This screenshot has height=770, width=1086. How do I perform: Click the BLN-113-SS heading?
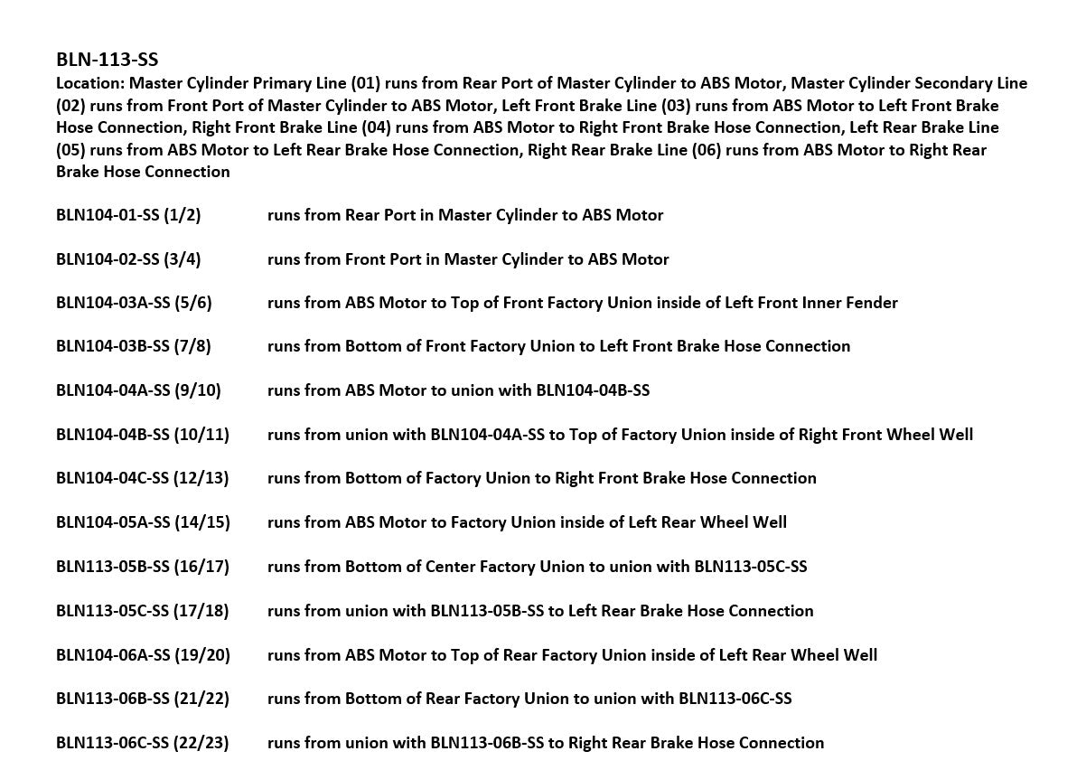pyautogui.click(x=107, y=60)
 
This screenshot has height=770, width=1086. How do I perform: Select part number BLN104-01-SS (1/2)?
pyautogui.click(x=128, y=215)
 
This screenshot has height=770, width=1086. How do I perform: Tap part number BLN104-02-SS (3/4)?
pyautogui.click(x=128, y=259)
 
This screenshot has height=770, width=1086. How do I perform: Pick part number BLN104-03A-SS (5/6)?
pyautogui.click(x=134, y=303)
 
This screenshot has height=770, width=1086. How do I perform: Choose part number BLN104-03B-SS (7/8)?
pyautogui.click(x=134, y=346)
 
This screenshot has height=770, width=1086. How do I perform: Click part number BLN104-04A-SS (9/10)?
pyautogui.click(x=138, y=390)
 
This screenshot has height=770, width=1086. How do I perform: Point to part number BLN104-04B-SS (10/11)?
pyautogui.click(x=143, y=435)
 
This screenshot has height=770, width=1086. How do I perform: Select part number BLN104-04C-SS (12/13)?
pyautogui.click(x=143, y=478)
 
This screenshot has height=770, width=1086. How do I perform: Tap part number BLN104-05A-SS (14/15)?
pyautogui.click(x=143, y=522)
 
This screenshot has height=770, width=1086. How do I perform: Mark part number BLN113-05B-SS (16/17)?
pyautogui.click(x=143, y=567)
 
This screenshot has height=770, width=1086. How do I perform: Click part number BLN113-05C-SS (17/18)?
pyautogui.click(x=143, y=611)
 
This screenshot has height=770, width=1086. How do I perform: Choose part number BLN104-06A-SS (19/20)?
pyautogui.click(x=143, y=655)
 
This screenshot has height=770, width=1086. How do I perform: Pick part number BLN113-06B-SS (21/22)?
pyautogui.click(x=143, y=699)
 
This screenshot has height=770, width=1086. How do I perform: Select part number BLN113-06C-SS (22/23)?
pyautogui.click(x=143, y=743)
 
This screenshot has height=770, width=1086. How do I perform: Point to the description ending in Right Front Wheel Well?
pyautogui.click(x=620, y=435)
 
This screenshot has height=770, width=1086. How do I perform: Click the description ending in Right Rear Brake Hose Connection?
pyautogui.click(x=546, y=743)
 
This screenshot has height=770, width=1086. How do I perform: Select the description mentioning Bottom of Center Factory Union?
pyautogui.click(x=537, y=567)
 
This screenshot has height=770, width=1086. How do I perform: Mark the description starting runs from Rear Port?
pyautogui.click(x=465, y=215)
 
